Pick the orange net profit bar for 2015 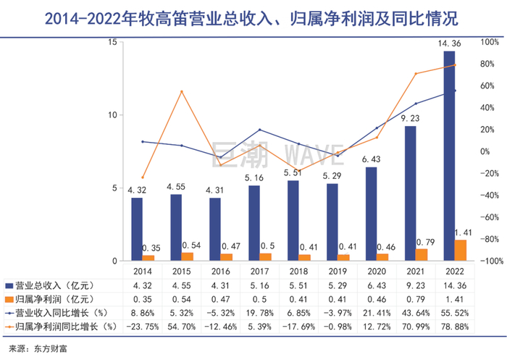click(x=187, y=256)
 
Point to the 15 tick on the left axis click(x=112, y=42)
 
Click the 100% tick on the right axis click(x=491, y=42)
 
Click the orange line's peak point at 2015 click(x=181, y=91)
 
